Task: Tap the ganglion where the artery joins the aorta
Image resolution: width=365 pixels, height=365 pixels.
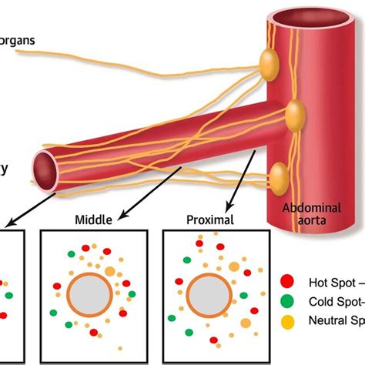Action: tap(295, 116)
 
